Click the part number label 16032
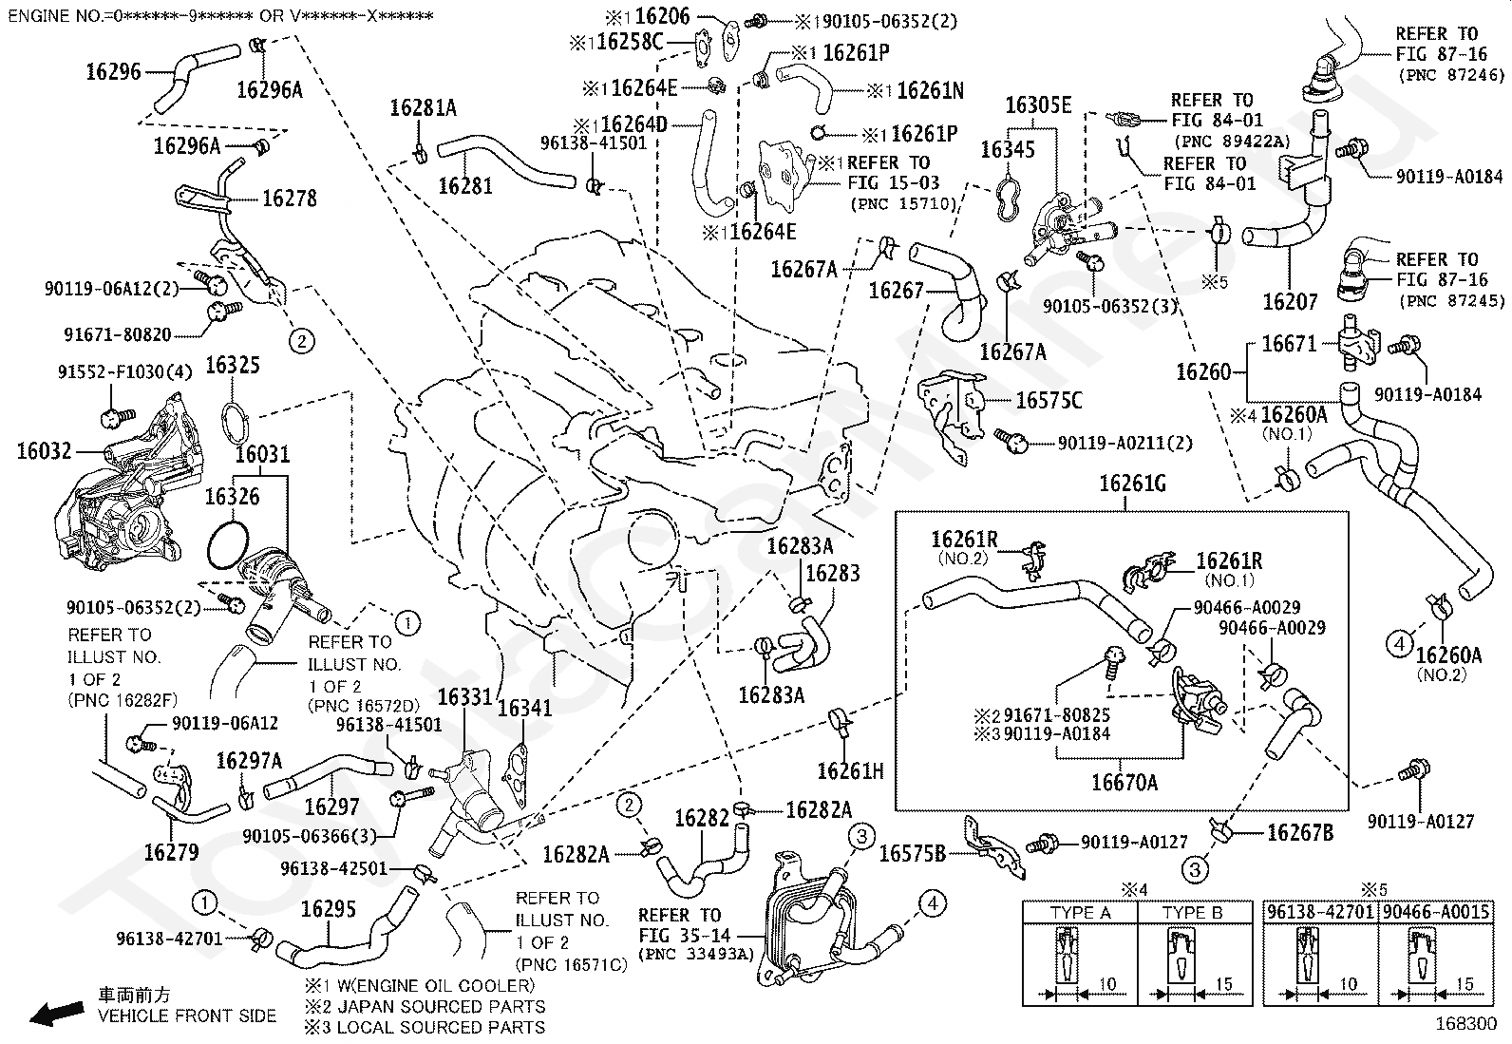coord(44,451)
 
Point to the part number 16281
coord(465,185)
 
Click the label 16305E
coord(1038,105)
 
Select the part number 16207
coord(1290,302)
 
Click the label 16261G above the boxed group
coord(1133,484)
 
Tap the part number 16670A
coord(1125,783)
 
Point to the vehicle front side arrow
coord(57,1013)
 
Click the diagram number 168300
coord(1466,1024)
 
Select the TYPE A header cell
coord(1080,912)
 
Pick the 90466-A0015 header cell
coord(1436,912)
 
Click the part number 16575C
coord(1049,401)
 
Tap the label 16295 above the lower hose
coord(328,909)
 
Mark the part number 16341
coord(524,708)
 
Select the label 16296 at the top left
coord(113,71)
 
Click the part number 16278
coord(289,199)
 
